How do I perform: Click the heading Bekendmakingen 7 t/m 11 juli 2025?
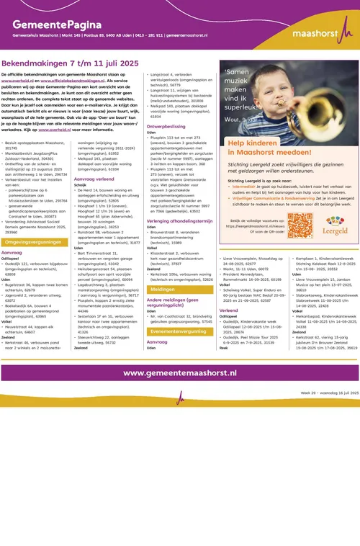[69, 63]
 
